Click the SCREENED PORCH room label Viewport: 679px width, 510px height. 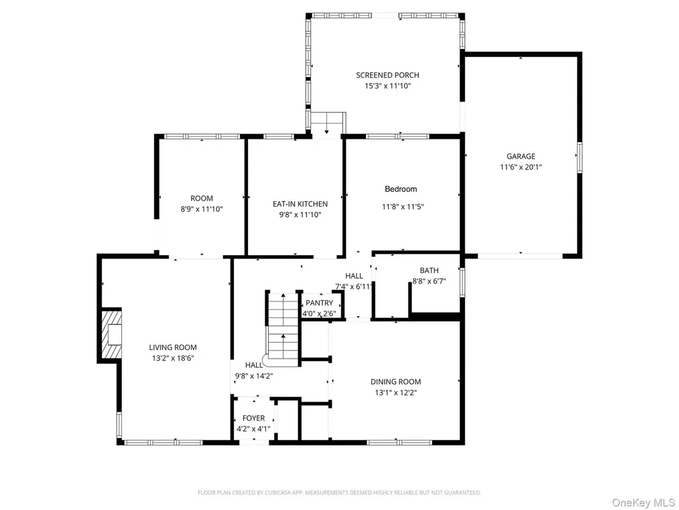point(387,75)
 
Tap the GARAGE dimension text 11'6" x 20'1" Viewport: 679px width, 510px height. point(521,167)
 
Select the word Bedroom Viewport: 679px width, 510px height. point(401,189)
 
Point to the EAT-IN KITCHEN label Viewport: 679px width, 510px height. point(300,204)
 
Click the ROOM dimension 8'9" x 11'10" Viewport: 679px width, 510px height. point(202,209)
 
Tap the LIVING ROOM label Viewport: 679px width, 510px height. point(173,347)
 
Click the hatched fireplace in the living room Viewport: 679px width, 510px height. point(111,334)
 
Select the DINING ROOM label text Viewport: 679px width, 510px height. point(396,382)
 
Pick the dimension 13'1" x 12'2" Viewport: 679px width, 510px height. point(396,393)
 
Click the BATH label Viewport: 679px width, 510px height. point(429,271)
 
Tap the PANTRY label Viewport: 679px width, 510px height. point(320,303)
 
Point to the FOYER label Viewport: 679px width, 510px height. point(254,418)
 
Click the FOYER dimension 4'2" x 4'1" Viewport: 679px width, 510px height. point(253,430)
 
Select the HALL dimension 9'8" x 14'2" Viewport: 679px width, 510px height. point(254,376)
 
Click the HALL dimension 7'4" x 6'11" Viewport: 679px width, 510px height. point(354,287)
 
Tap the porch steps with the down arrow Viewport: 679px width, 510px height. point(328,123)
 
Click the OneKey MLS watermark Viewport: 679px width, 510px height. point(643,503)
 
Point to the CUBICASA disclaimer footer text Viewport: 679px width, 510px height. point(339,493)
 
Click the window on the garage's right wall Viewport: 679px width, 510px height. point(580,157)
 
